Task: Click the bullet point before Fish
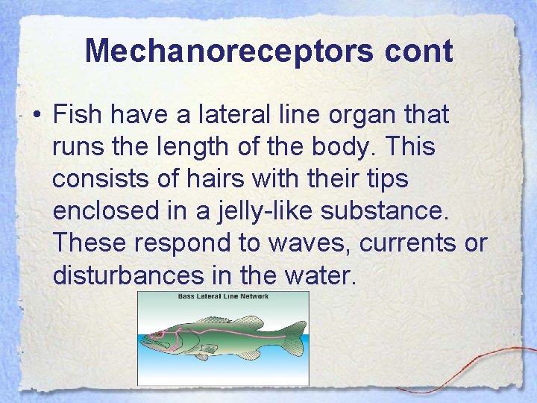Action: pos(35,116)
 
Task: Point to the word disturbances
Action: pos(128,275)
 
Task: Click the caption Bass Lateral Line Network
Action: pos(223,296)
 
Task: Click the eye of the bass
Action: pos(158,334)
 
